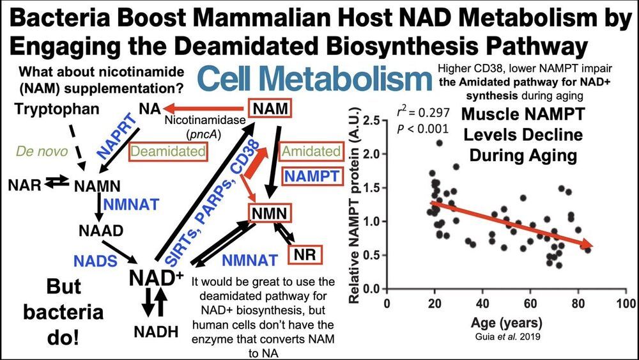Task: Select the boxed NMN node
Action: [270, 212]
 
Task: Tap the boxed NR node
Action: [305, 254]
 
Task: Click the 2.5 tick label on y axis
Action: [372, 121]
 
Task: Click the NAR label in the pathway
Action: [24, 186]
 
